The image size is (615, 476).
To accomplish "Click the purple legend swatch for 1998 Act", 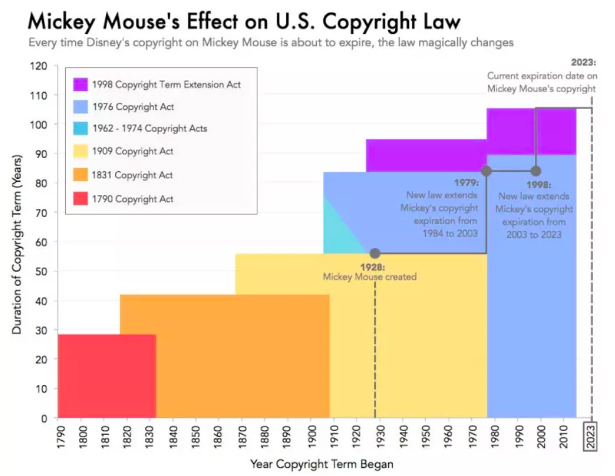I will tap(80, 84).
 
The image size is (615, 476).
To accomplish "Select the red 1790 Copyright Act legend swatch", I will tap(80, 199).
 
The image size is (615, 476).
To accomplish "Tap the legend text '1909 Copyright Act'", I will tap(133, 152).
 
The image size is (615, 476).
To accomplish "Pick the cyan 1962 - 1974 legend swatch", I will tap(80, 129).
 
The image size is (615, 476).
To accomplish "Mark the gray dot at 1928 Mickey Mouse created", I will tap(375, 253).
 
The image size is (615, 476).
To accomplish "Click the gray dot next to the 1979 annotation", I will tap(486, 171).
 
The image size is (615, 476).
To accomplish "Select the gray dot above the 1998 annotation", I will tap(535, 171).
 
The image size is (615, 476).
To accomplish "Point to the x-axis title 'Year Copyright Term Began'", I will tap(322, 464).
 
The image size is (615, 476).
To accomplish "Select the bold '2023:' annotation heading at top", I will tap(583, 63).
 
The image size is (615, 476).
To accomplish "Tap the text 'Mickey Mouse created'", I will tap(370, 277).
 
